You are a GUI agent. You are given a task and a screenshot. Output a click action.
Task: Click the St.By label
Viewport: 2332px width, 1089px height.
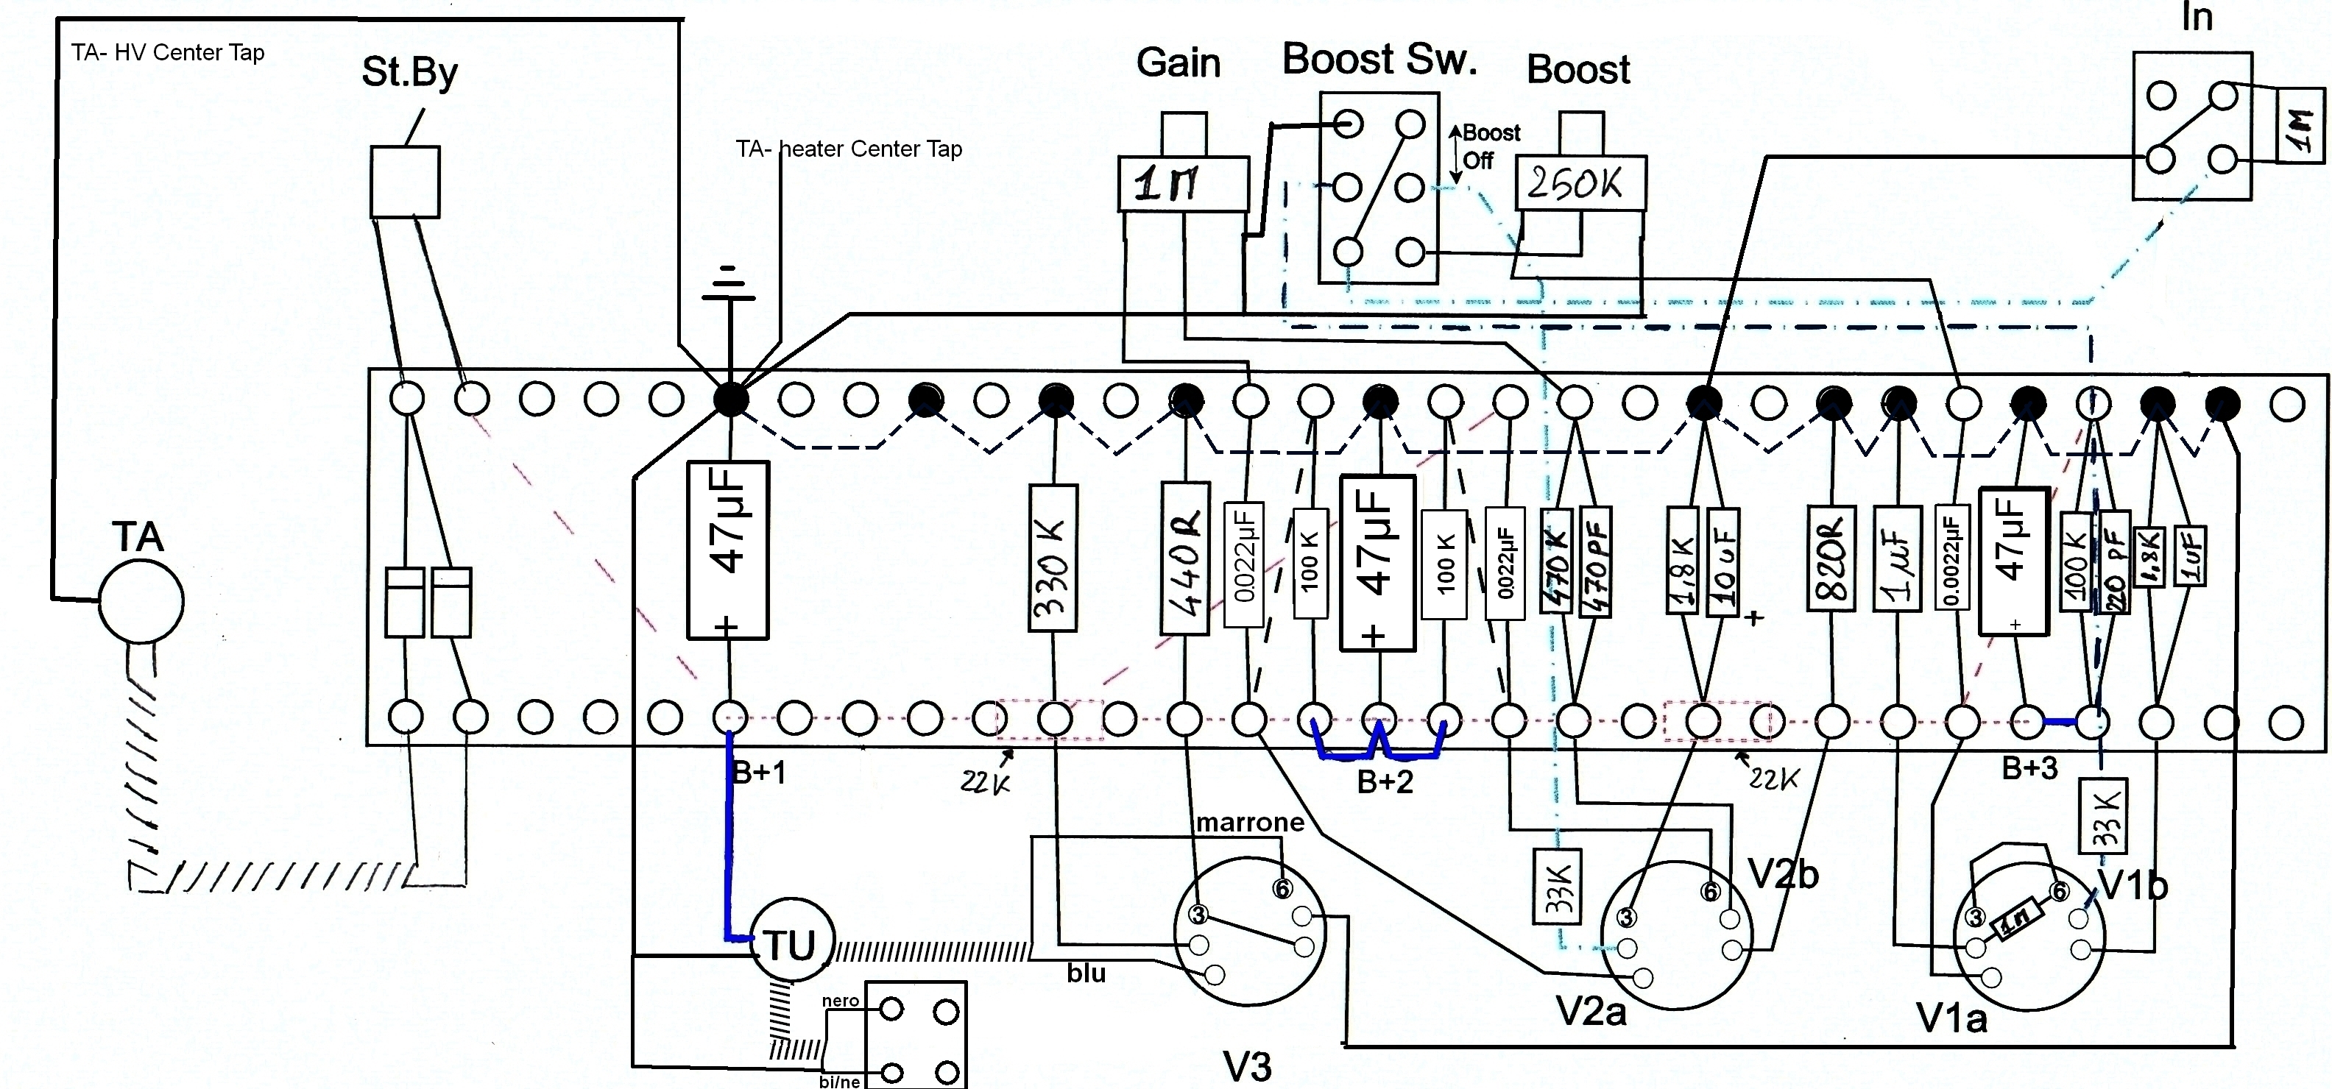click(x=409, y=72)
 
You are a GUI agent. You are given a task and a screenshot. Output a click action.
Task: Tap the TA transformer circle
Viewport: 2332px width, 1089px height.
click(x=141, y=601)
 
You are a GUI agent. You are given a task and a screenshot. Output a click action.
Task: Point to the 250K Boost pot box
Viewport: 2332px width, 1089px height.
click(x=1580, y=184)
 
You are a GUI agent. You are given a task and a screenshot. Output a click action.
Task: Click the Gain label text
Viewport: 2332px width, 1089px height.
click(x=1178, y=63)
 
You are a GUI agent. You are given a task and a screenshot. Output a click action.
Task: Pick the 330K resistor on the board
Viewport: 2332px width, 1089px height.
click(x=1053, y=558)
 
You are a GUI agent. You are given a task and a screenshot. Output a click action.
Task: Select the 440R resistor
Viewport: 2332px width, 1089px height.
click(x=1185, y=558)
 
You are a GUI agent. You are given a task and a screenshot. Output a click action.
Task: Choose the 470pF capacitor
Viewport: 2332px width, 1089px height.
click(x=1598, y=562)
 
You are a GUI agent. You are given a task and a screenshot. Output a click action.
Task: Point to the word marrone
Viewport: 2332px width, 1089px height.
click(x=1249, y=822)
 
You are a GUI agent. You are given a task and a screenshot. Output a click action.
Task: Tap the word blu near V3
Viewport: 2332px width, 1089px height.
click(x=1086, y=973)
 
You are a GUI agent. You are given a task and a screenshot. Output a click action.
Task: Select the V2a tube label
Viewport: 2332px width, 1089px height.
click(x=1591, y=1011)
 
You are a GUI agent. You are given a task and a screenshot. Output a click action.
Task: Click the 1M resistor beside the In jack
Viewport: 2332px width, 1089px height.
click(x=2300, y=125)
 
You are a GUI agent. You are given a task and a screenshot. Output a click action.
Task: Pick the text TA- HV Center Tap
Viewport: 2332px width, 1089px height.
click(x=169, y=52)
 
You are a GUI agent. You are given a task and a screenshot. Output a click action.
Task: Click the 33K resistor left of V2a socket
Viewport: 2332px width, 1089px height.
click(x=1557, y=886)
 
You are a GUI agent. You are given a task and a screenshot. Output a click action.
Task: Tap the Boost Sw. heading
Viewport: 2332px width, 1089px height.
click(x=1379, y=60)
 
